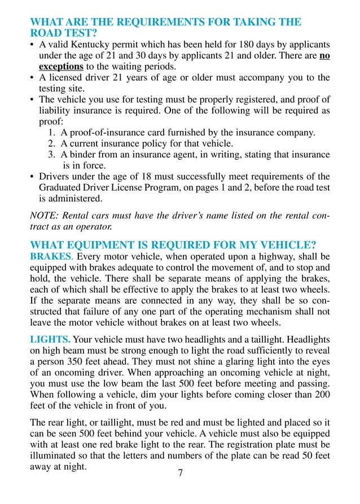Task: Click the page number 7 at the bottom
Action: click(x=181, y=473)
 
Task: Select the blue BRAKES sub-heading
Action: click(x=51, y=256)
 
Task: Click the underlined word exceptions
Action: click(x=61, y=66)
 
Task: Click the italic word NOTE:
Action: click(x=44, y=215)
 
